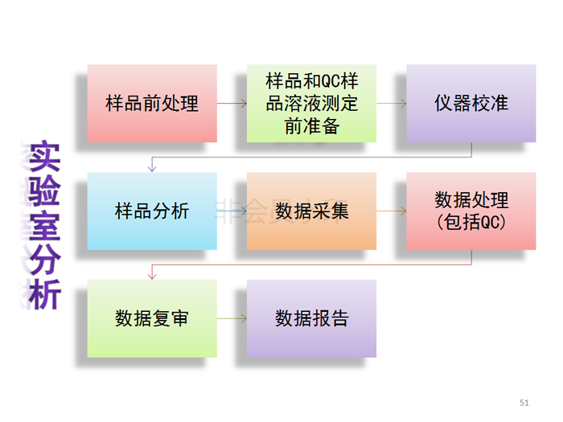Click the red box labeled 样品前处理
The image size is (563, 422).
click(x=152, y=104)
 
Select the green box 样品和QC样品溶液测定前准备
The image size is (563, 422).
click(x=311, y=104)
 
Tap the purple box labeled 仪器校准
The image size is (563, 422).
click(x=471, y=104)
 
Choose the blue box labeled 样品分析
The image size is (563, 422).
click(x=152, y=211)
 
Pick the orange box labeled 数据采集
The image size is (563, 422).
click(x=311, y=211)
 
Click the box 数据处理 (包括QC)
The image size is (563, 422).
click(x=471, y=211)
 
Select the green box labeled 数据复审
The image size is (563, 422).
click(x=152, y=319)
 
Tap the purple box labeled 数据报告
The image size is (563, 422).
click(x=311, y=319)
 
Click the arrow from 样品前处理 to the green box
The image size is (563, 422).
click(x=232, y=104)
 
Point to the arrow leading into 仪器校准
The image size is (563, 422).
click(x=391, y=104)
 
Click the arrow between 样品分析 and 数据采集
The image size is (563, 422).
click(x=232, y=211)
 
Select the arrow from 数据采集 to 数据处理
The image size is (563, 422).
click(x=391, y=211)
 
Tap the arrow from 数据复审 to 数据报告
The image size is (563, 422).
click(x=232, y=319)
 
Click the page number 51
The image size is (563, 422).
click(x=525, y=401)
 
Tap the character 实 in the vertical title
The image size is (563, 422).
click(x=44, y=158)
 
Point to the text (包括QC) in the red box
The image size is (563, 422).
click(x=471, y=222)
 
